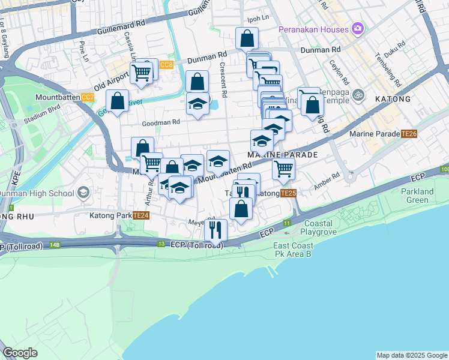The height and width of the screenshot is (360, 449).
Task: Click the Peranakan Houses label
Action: (313, 29)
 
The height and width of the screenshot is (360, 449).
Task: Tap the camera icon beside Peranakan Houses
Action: (358, 29)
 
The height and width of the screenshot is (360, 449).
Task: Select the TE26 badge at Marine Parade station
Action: (409, 134)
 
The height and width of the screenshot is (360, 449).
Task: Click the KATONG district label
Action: (393, 99)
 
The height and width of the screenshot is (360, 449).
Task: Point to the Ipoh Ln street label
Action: (258, 19)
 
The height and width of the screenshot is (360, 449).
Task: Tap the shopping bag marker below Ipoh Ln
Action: (247, 39)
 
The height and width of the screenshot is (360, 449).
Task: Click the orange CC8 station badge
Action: (166, 64)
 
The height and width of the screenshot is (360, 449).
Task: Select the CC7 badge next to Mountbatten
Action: (88, 97)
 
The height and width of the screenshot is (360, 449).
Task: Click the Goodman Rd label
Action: (160, 122)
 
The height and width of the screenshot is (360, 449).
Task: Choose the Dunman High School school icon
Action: (83, 193)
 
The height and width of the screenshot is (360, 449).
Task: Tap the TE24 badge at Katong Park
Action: (140, 215)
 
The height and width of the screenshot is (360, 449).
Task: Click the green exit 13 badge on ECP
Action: (161, 244)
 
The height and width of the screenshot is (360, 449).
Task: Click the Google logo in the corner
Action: (20, 353)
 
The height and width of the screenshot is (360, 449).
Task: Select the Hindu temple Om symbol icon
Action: (358, 94)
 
